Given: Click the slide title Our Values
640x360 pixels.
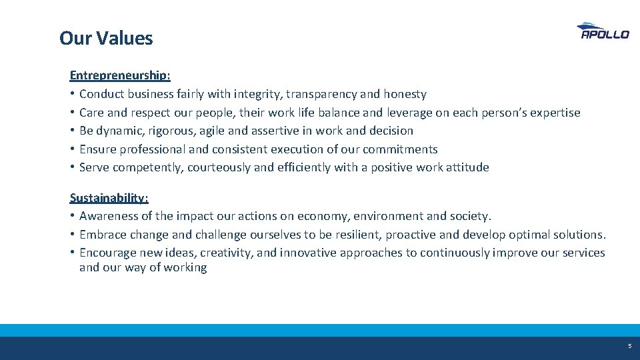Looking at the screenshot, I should tap(106, 38).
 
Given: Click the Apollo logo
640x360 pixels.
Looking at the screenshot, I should tap(603, 31).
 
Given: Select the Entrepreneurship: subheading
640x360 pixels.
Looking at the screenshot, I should tap(120, 76).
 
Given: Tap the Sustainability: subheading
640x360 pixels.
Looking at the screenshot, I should tap(109, 198).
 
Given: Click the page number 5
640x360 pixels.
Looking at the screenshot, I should tap(629, 346).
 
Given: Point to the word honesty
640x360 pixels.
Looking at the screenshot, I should tap(405, 95).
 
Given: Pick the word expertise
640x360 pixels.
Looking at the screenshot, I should tap(555, 113).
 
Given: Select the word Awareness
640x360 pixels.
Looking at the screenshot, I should tap(106, 216).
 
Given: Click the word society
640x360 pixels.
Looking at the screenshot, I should tap(471, 216).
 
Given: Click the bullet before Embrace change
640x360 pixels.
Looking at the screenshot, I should tap(72, 235).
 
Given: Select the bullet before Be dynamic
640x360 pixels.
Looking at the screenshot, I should tap(72, 131).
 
